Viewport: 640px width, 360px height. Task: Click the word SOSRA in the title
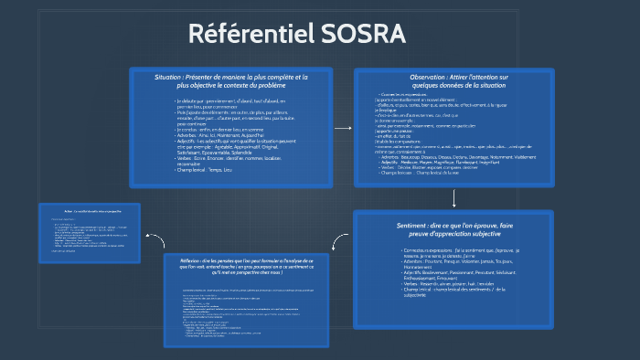(x=363, y=33)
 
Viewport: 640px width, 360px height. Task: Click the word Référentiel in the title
(x=250, y=33)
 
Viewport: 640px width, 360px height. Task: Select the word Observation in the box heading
(x=432, y=78)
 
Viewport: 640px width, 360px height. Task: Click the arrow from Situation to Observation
(x=343, y=128)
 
